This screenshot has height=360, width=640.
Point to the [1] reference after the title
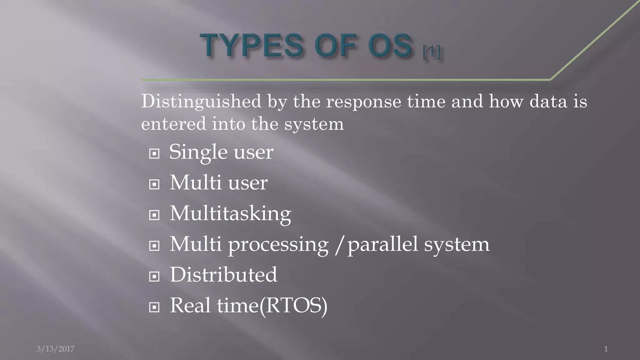[432, 52]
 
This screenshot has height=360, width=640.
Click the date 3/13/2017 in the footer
[56, 349]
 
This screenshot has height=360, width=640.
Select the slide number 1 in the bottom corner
[606, 349]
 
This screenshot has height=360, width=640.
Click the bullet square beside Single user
[154, 154]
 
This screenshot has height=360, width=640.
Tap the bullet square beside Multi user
[154, 184]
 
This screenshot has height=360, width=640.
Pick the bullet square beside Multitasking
[154, 215]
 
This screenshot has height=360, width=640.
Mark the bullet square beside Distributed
[154, 277]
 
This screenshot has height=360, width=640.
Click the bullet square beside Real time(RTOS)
[154, 307]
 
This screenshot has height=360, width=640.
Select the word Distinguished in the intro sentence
[201, 102]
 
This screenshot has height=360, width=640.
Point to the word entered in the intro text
[173, 124]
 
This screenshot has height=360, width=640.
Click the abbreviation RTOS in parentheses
[293, 306]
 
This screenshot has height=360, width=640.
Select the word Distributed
[223, 275]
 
